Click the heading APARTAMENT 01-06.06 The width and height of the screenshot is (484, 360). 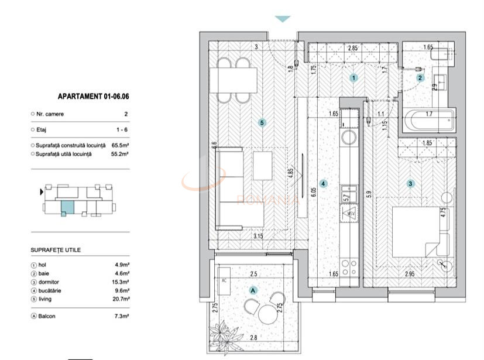point(93,97)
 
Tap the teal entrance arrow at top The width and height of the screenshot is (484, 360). point(283,19)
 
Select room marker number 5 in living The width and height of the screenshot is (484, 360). point(262,123)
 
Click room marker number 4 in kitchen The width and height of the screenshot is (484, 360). point(323,183)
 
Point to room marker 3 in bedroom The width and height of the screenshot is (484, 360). point(411,183)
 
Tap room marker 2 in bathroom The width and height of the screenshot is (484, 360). point(420,77)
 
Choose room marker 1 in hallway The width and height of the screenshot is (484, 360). point(353,77)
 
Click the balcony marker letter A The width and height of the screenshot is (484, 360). point(253,290)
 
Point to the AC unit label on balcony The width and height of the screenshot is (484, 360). point(224,280)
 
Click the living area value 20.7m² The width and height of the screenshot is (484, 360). point(121,299)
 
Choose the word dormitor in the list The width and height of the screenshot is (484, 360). point(48,282)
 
